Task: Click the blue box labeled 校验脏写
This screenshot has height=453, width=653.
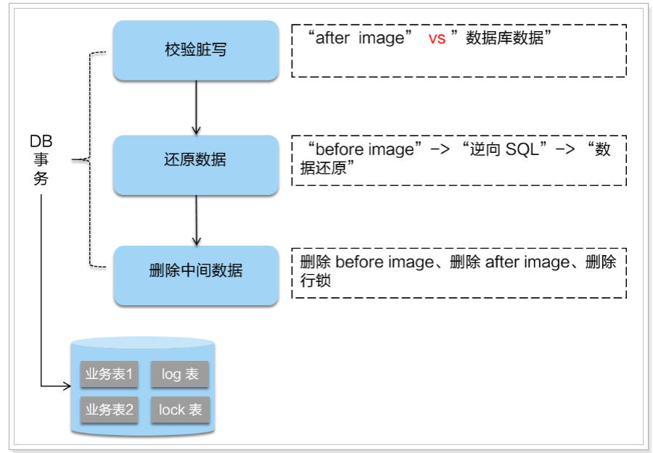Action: [x=195, y=51]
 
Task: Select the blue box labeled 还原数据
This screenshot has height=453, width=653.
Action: [x=195, y=160]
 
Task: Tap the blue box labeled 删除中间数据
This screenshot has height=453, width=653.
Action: [x=195, y=271]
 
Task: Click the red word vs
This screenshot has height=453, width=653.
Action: [x=437, y=38]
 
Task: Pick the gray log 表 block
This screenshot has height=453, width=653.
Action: [x=180, y=375]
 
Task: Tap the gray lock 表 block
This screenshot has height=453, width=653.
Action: [x=180, y=410]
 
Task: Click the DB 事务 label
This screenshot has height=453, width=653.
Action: [x=41, y=159]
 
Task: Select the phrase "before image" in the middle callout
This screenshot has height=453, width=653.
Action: [x=364, y=149]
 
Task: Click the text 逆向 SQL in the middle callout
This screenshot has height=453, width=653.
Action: [x=501, y=149]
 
